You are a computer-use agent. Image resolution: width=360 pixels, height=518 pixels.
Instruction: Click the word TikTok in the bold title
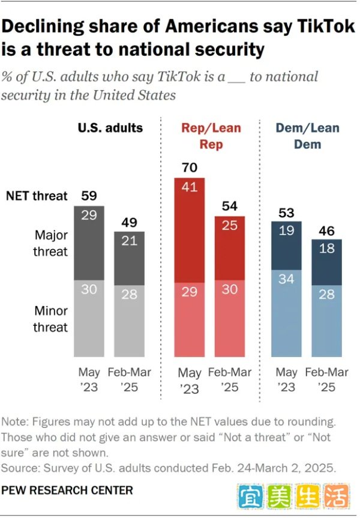[x=326, y=26]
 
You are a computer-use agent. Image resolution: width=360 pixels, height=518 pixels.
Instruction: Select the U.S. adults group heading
[x=110, y=128]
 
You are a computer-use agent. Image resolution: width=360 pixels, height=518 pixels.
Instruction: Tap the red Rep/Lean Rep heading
[x=211, y=136]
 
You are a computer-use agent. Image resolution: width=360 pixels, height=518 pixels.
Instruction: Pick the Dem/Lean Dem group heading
[x=307, y=136]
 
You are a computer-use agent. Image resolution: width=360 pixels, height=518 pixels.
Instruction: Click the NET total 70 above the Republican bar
[x=190, y=167]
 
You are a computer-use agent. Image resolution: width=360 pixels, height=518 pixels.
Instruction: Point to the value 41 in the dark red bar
[x=190, y=187]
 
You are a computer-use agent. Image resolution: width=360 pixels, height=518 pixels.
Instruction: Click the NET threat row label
[x=37, y=196]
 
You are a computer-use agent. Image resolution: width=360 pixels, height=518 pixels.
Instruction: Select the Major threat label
[x=50, y=243]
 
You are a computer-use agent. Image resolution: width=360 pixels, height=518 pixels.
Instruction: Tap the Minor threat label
[x=50, y=319]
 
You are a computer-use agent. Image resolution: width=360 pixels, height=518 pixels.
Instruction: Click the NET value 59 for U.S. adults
[x=89, y=196]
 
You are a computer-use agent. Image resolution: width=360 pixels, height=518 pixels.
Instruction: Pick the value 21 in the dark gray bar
[x=129, y=241]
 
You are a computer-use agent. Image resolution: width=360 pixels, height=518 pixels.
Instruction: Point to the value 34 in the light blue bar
[x=286, y=279]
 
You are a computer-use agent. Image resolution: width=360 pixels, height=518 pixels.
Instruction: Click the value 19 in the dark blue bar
[x=286, y=230]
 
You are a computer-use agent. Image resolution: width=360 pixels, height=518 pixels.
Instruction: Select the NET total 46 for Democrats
[x=326, y=230]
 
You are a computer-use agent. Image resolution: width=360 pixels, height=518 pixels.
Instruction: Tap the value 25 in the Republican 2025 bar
[x=230, y=225]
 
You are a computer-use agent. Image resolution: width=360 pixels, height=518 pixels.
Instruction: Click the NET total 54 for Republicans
[x=230, y=206]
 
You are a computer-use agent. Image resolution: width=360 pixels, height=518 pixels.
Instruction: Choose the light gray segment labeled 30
[x=89, y=319]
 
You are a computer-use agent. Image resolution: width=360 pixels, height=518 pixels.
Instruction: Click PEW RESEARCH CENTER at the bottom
[x=67, y=490]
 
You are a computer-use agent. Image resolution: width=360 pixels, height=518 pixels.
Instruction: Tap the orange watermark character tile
[x=336, y=496]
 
